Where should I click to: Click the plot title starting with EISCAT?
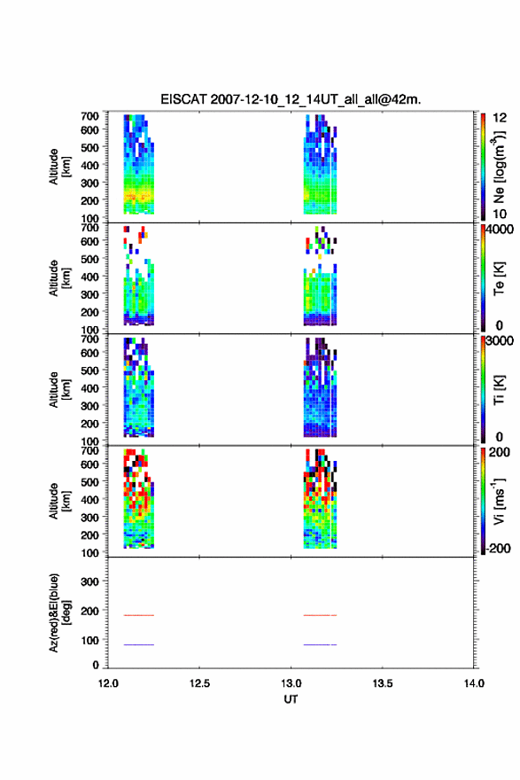291,99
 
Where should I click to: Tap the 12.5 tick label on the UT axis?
199,683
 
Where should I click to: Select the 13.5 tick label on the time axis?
383,683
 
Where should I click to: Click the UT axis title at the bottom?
291,699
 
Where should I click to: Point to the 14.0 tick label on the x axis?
474,683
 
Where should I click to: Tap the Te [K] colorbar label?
499,278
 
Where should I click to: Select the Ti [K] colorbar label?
499,390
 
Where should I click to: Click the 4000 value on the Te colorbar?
500,230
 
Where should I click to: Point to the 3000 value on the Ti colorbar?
500,340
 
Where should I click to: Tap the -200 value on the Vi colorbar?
499,548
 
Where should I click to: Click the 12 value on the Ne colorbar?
500,118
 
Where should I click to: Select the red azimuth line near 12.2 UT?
139,615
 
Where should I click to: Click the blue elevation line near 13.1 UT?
320,644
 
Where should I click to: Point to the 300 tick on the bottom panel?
89,581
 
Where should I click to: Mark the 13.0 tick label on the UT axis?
291,683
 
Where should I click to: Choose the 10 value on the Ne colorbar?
500,214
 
